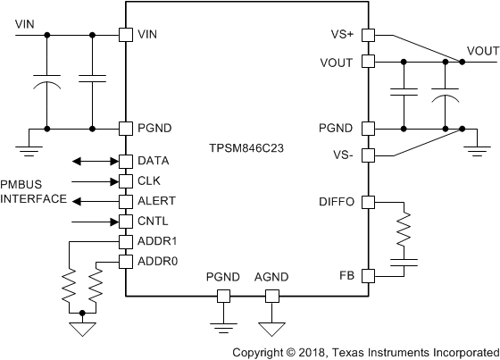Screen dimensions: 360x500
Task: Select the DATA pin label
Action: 154,162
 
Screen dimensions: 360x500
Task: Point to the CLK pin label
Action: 149,180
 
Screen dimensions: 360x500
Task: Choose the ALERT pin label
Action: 157,201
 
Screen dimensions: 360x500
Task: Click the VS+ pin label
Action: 342,36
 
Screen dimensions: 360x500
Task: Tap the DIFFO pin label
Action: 337,202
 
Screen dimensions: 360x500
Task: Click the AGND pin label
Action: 271,278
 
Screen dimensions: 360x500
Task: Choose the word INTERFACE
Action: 33,198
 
